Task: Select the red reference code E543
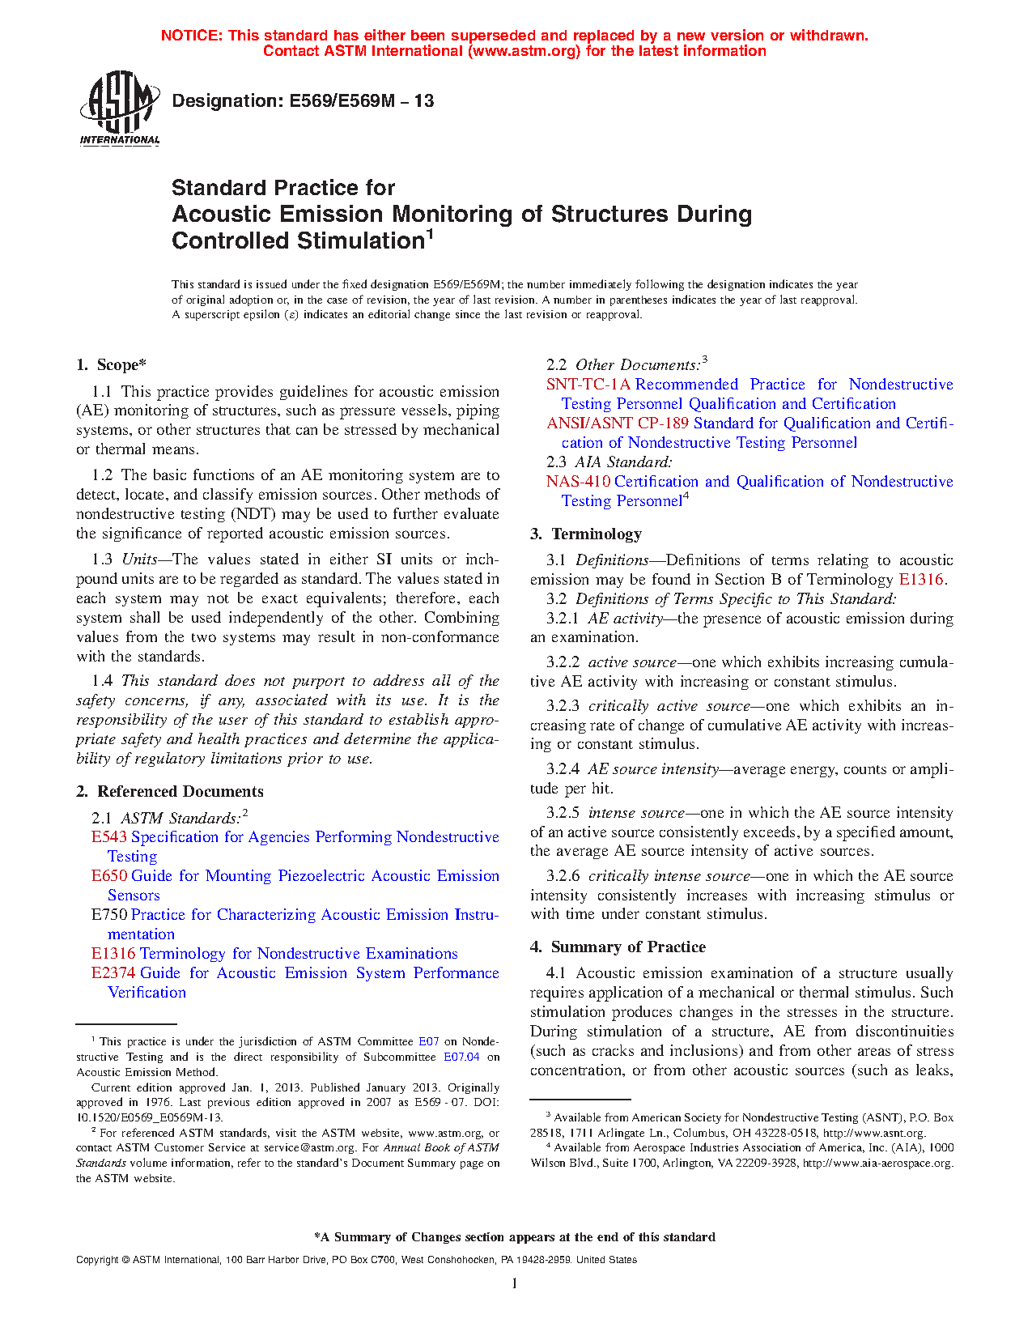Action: [108, 837]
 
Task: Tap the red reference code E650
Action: [108, 876]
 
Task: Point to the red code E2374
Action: [113, 973]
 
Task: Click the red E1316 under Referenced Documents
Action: [113, 954]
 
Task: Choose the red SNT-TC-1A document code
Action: [588, 385]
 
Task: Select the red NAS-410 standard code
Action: [578, 482]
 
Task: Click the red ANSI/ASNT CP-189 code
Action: [618, 423]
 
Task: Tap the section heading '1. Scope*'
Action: [111, 365]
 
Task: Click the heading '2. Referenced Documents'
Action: [170, 792]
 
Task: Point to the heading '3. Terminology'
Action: [586, 534]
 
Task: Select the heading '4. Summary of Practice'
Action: [618, 947]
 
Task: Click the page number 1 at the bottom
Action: [515, 1283]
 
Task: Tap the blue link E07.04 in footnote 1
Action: [461, 1057]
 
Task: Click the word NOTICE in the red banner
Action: [191, 36]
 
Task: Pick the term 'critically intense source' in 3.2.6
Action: [669, 876]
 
